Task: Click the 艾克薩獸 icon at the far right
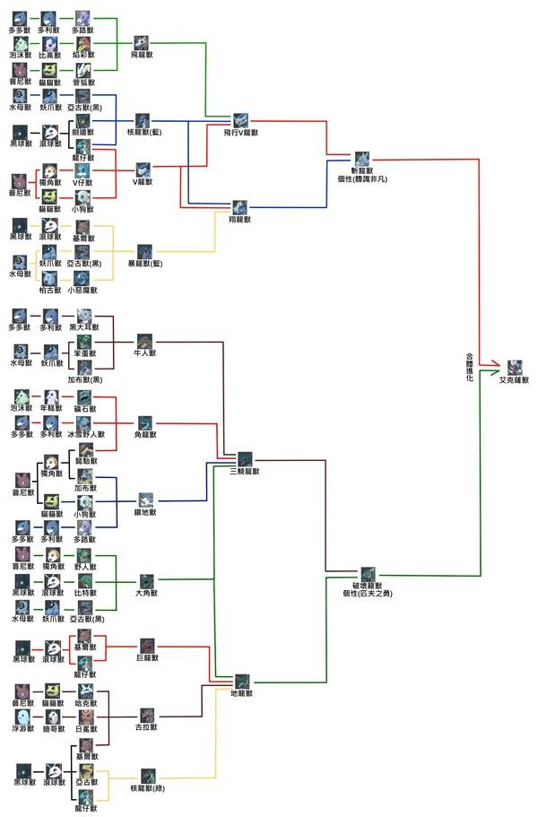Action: point(514,367)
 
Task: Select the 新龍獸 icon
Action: point(362,160)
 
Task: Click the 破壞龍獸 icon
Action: point(369,575)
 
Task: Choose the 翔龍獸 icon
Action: point(239,207)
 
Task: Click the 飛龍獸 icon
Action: point(143,42)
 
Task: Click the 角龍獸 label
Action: point(145,434)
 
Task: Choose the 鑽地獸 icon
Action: point(145,500)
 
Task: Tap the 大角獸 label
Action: point(146,593)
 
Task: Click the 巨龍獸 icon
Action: point(146,645)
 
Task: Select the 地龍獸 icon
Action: point(242,682)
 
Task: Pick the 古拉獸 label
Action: point(146,728)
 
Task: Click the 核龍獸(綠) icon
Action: point(148,775)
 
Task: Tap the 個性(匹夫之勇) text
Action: point(369,593)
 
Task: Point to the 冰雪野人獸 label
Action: point(85,434)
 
